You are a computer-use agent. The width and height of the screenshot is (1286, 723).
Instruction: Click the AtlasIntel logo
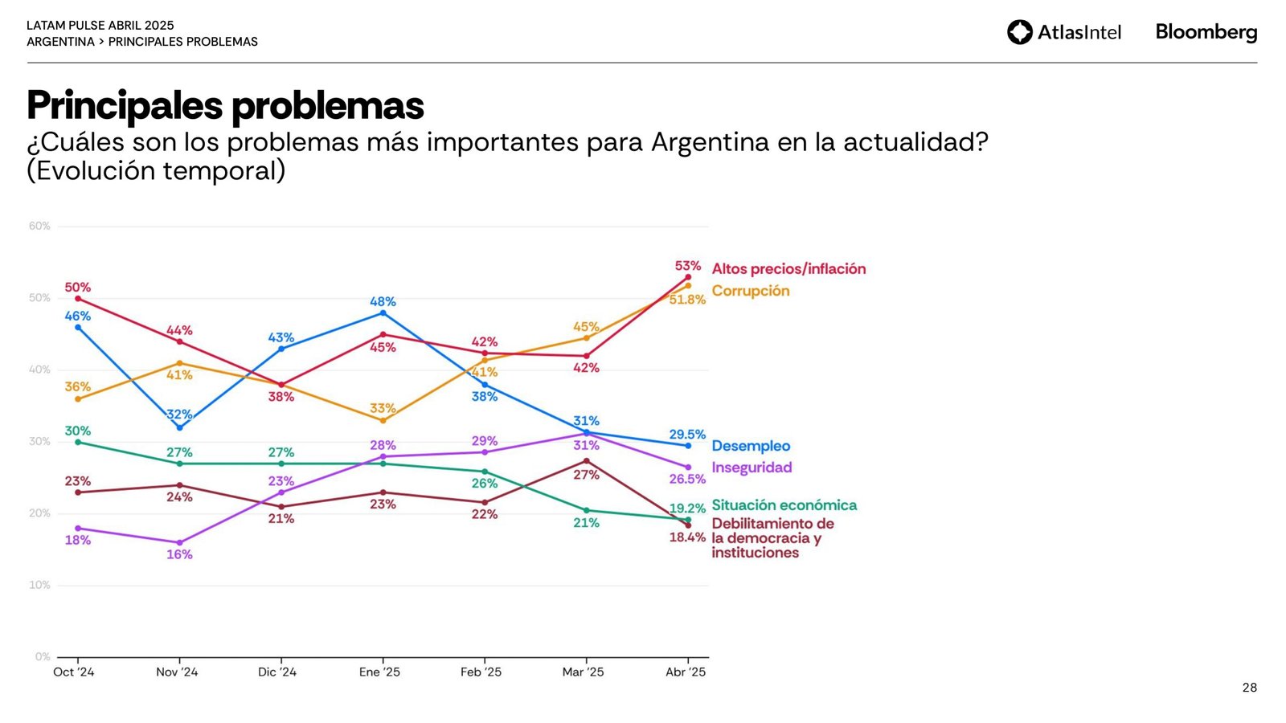(1063, 32)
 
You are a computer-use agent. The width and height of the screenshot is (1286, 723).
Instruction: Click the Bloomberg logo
(1206, 32)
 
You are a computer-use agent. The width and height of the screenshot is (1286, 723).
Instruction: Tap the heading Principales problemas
(225, 105)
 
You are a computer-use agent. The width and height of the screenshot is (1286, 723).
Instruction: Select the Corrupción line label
(751, 291)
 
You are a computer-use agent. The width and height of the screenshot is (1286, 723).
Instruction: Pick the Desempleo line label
(751, 446)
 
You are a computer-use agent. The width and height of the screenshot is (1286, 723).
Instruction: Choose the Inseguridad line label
(752, 468)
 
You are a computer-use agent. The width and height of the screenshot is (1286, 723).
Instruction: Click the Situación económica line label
(784, 505)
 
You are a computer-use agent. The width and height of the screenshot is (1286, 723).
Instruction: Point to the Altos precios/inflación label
(788, 269)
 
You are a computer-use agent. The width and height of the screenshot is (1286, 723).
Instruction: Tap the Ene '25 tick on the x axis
(379, 672)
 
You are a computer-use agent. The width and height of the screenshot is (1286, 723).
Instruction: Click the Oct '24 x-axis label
(74, 672)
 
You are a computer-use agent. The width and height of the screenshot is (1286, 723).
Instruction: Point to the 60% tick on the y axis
(39, 227)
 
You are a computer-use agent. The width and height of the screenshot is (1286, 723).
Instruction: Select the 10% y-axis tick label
(39, 586)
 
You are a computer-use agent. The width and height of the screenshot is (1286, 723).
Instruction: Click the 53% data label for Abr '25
(688, 266)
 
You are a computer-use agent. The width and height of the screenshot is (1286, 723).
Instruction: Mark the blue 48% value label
(383, 302)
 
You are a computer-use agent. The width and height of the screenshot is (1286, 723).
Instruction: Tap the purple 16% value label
(179, 555)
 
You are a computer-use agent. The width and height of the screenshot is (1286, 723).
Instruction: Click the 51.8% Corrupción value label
(687, 300)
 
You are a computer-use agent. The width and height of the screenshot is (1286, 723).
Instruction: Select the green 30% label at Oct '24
(78, 431)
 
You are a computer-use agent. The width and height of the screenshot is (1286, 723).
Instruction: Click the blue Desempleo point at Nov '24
(179, 427)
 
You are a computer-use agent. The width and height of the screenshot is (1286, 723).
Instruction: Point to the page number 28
(1249, 688)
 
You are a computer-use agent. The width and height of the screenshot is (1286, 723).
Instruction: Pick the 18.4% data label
(687, 537)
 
